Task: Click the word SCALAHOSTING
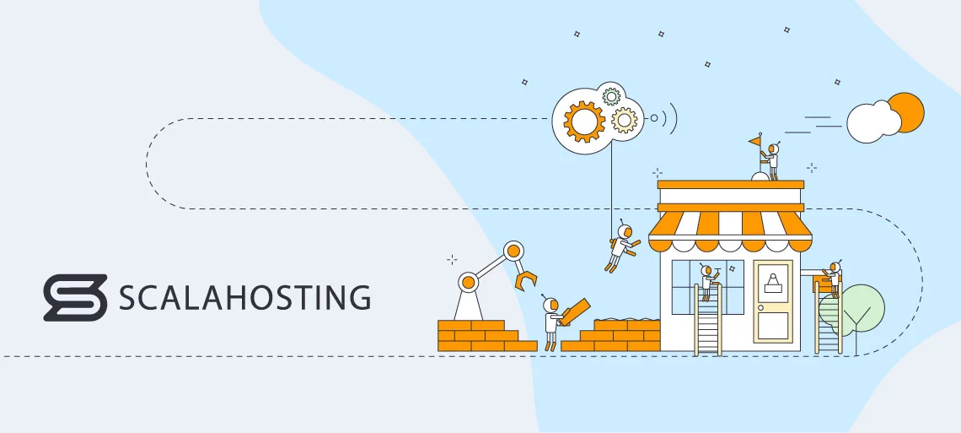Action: coord(245,298)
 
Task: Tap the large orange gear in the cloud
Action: coord(583,122)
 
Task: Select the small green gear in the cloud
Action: coord(612,96)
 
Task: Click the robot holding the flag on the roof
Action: coord(772,160)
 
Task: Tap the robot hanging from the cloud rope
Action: coord(622,247)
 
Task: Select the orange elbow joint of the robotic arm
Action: coord(513,251)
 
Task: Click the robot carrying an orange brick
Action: coord(553,321)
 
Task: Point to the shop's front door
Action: coord(773,304)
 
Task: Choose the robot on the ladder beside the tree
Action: coord(834,278)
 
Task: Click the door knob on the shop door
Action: coord(760,308)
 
